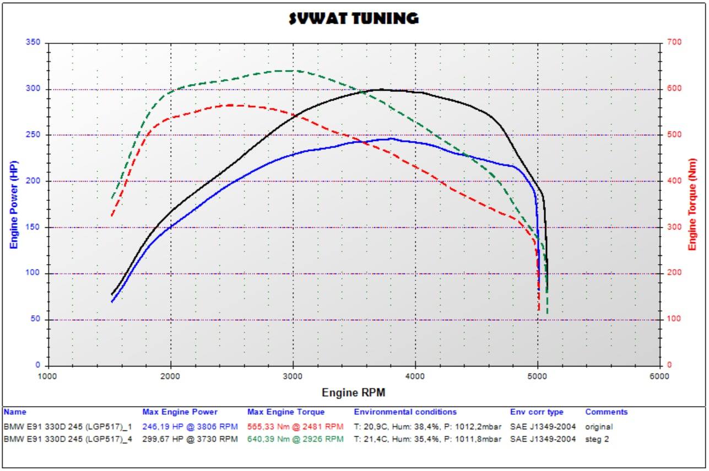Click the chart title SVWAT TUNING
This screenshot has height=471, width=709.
click(x=354, y=19)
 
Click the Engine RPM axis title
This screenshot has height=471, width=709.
click(x=353, y=392)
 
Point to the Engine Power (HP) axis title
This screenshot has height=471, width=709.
click(x=15, y=204)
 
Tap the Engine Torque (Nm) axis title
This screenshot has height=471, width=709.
click(x=692, y=204)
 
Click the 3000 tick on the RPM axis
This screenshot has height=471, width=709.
click(x=293, y=376)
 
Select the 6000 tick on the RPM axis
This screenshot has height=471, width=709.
click(x=659, y=376)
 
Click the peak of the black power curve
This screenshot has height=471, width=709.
click(x=380, y=89)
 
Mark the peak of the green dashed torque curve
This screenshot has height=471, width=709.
click(x=289, y=70)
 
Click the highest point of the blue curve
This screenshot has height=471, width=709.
click(x=392, y=139)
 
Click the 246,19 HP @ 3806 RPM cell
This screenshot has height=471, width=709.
click(x=190, y=426)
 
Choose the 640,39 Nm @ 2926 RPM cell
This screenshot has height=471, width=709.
click(x=295, y=439)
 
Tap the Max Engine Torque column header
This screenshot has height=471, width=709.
click(x=286, y=412)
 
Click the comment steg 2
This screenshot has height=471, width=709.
click(x=597, y=439)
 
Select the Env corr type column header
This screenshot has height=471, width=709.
click(x=537, y=412)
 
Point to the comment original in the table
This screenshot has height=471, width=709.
click(x=598, y=426)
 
